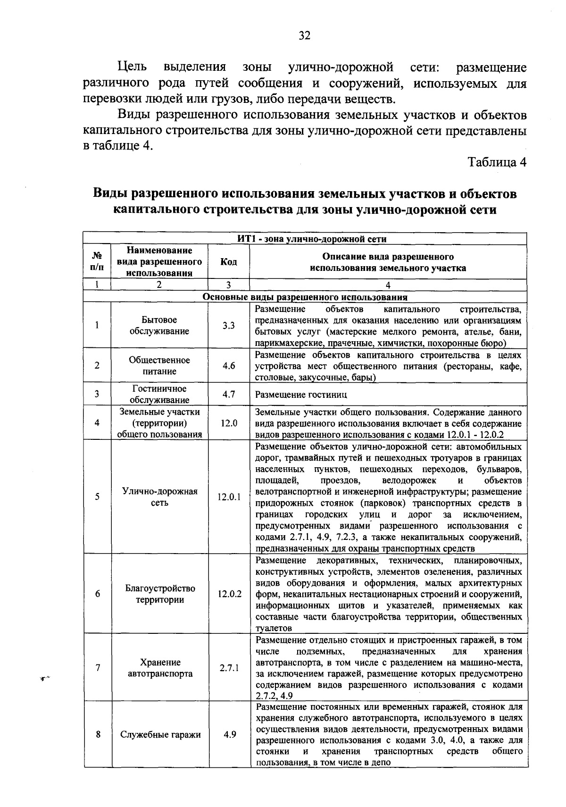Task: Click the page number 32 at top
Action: pos(304,36)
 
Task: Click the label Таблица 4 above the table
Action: pos(496,162)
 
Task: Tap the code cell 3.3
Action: pos(229,326)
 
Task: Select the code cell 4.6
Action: pos(229,366)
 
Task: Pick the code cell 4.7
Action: pos(229,394)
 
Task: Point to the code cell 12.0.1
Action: pos(229,497)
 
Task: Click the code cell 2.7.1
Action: pos(229,668)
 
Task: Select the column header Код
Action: pos(229,262)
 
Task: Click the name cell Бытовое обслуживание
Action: pos(159,326)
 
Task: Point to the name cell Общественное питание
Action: pos(159,366)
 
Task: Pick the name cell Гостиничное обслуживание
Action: pos(159,394)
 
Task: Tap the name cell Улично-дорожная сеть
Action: pos(159,497)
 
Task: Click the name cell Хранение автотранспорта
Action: pos(160,668)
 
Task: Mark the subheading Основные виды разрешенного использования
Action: pos(305,297)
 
